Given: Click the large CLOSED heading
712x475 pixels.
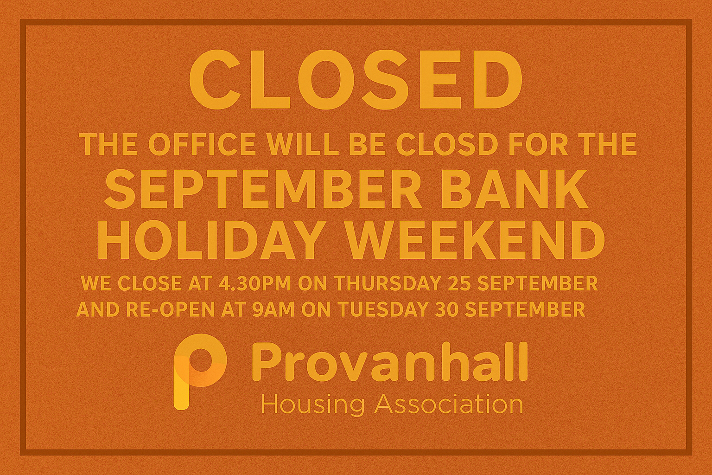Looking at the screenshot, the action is pos(356,83).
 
